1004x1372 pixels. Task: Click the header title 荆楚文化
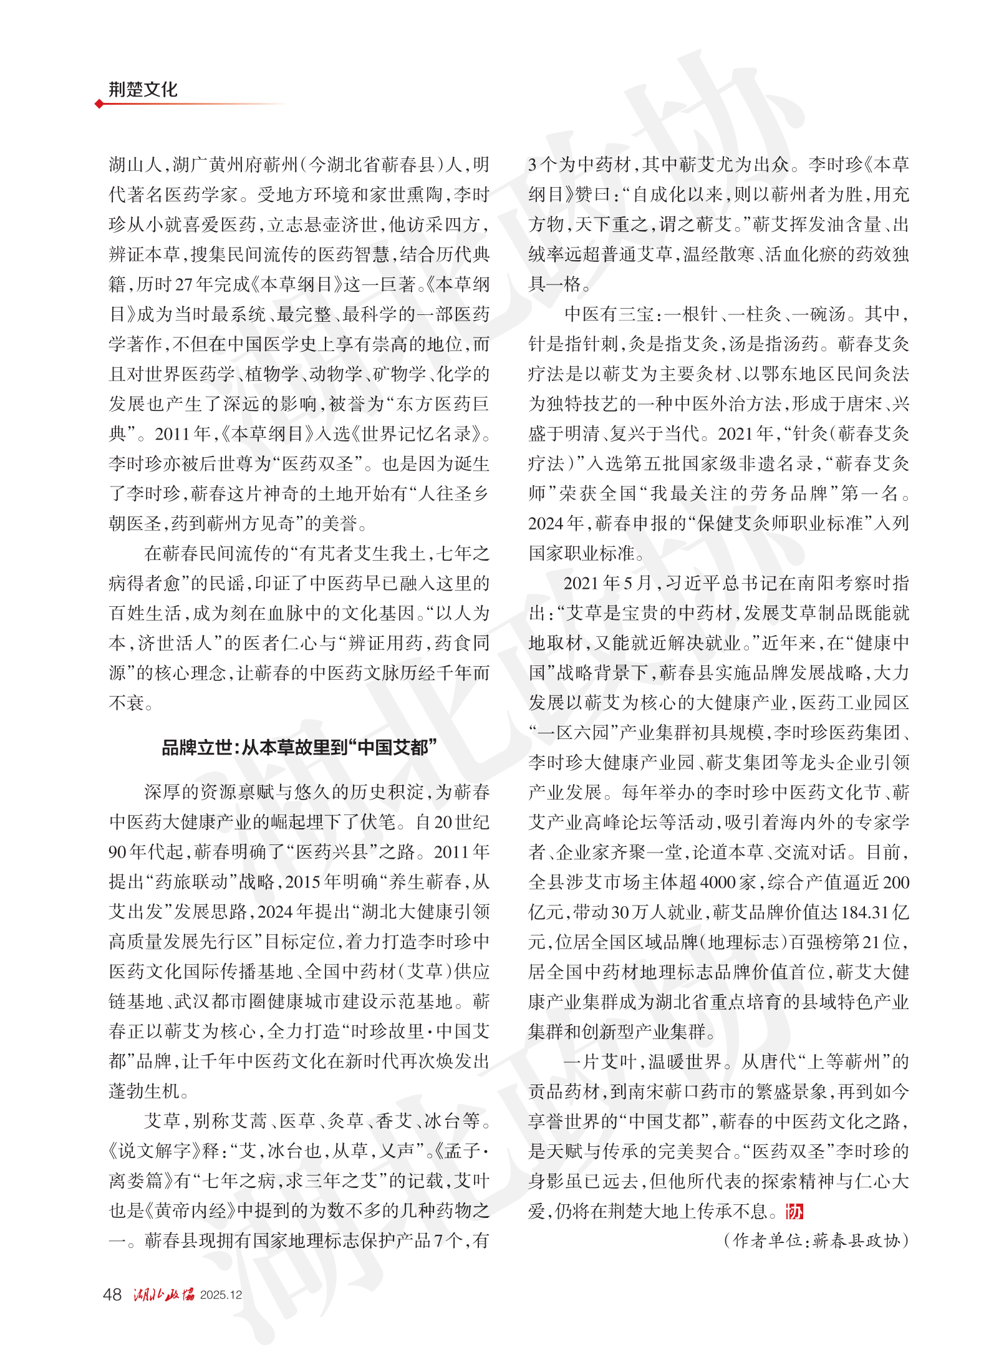pyautogui.click(x=143, y=89)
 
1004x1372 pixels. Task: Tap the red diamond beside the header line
pyautogui.click(x=99, y=104)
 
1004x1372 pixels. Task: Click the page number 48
pyautogui.click(x=112, y=1295)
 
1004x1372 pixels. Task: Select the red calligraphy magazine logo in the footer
pyautogui.click(x=163, y=1295)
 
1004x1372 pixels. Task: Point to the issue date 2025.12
pyautogui.click(x=221, y=1295)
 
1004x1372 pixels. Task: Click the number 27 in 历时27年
pyautogui.click(x=185, y=285)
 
